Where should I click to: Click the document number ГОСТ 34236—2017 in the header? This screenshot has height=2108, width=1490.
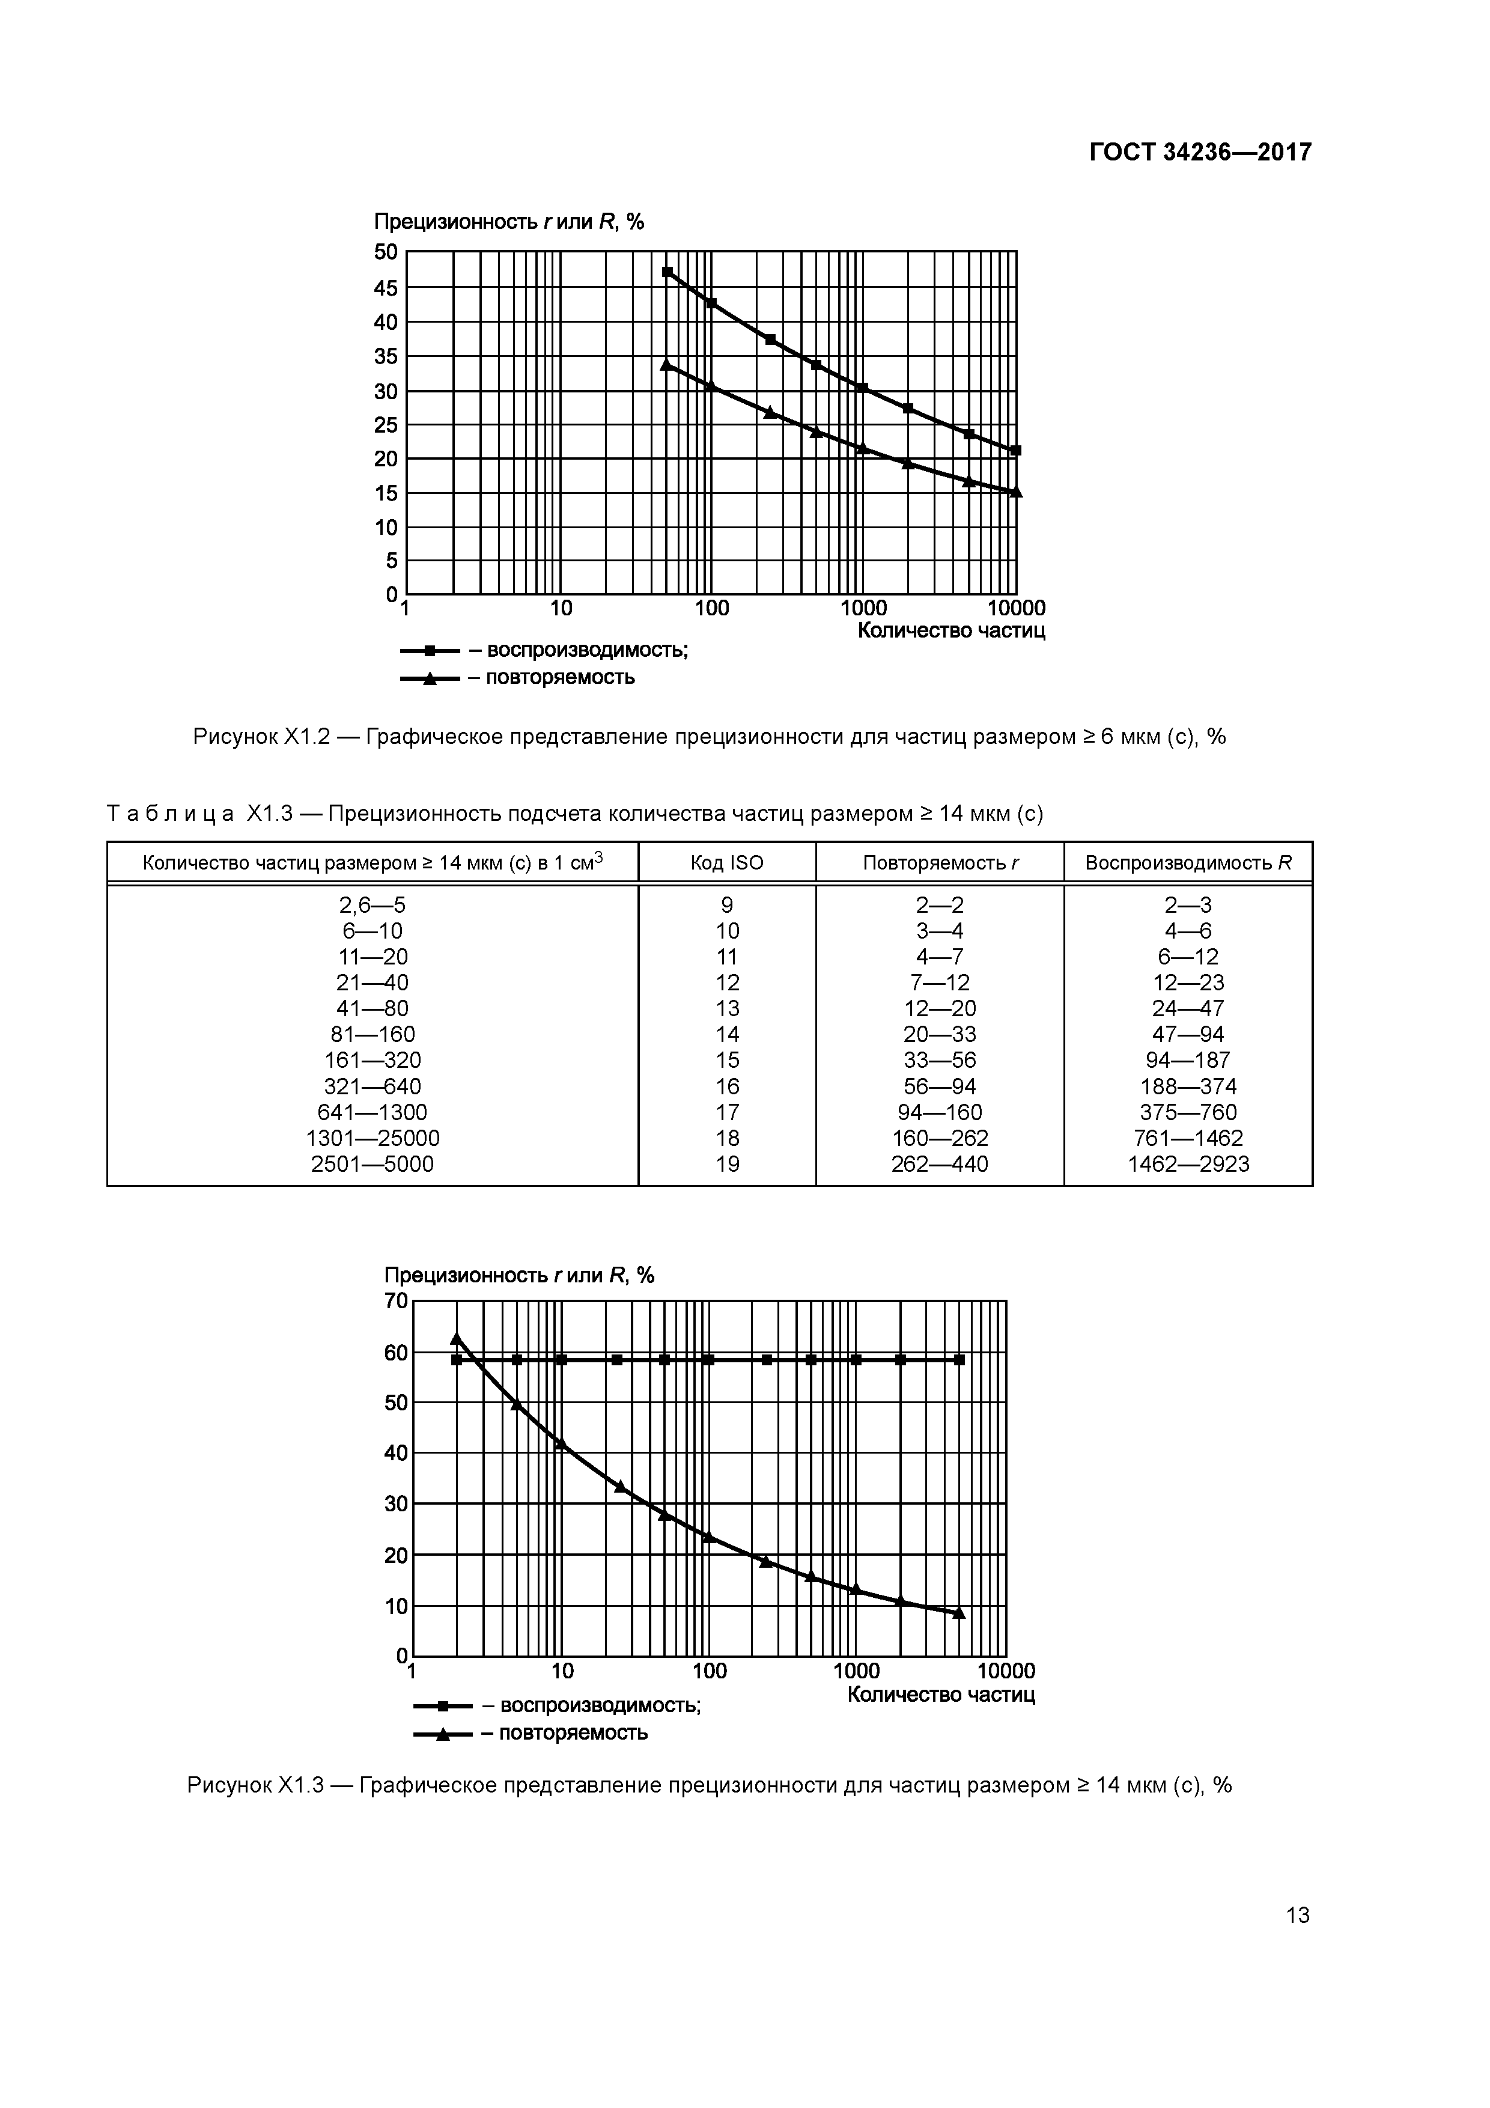point(1200,151)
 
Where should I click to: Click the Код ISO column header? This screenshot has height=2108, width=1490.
point(726,863)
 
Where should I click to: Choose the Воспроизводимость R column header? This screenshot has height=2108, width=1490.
point(1188,863)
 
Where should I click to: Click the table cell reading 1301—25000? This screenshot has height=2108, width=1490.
point(372,1139)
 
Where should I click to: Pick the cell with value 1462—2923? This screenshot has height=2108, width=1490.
point(1188,1164)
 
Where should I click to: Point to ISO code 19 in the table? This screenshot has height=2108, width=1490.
point(726,1164)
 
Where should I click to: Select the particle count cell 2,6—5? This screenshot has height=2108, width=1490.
point(372,905)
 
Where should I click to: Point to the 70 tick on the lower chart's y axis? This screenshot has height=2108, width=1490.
point(396,1301)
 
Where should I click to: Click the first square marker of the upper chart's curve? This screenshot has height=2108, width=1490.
point(667,272)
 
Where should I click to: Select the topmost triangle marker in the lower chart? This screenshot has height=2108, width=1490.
point(456,1339)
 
